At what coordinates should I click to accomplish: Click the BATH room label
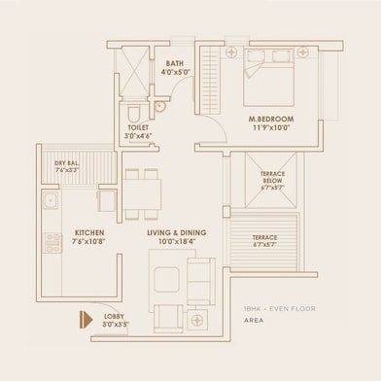point(175,64)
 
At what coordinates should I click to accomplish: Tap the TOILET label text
point(137,126)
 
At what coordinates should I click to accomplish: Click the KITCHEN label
point(61,232)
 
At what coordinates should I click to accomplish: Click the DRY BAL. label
point(66,162)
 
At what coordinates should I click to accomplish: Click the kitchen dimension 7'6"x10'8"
point(61,241)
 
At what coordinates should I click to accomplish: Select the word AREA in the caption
point(255,318)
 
